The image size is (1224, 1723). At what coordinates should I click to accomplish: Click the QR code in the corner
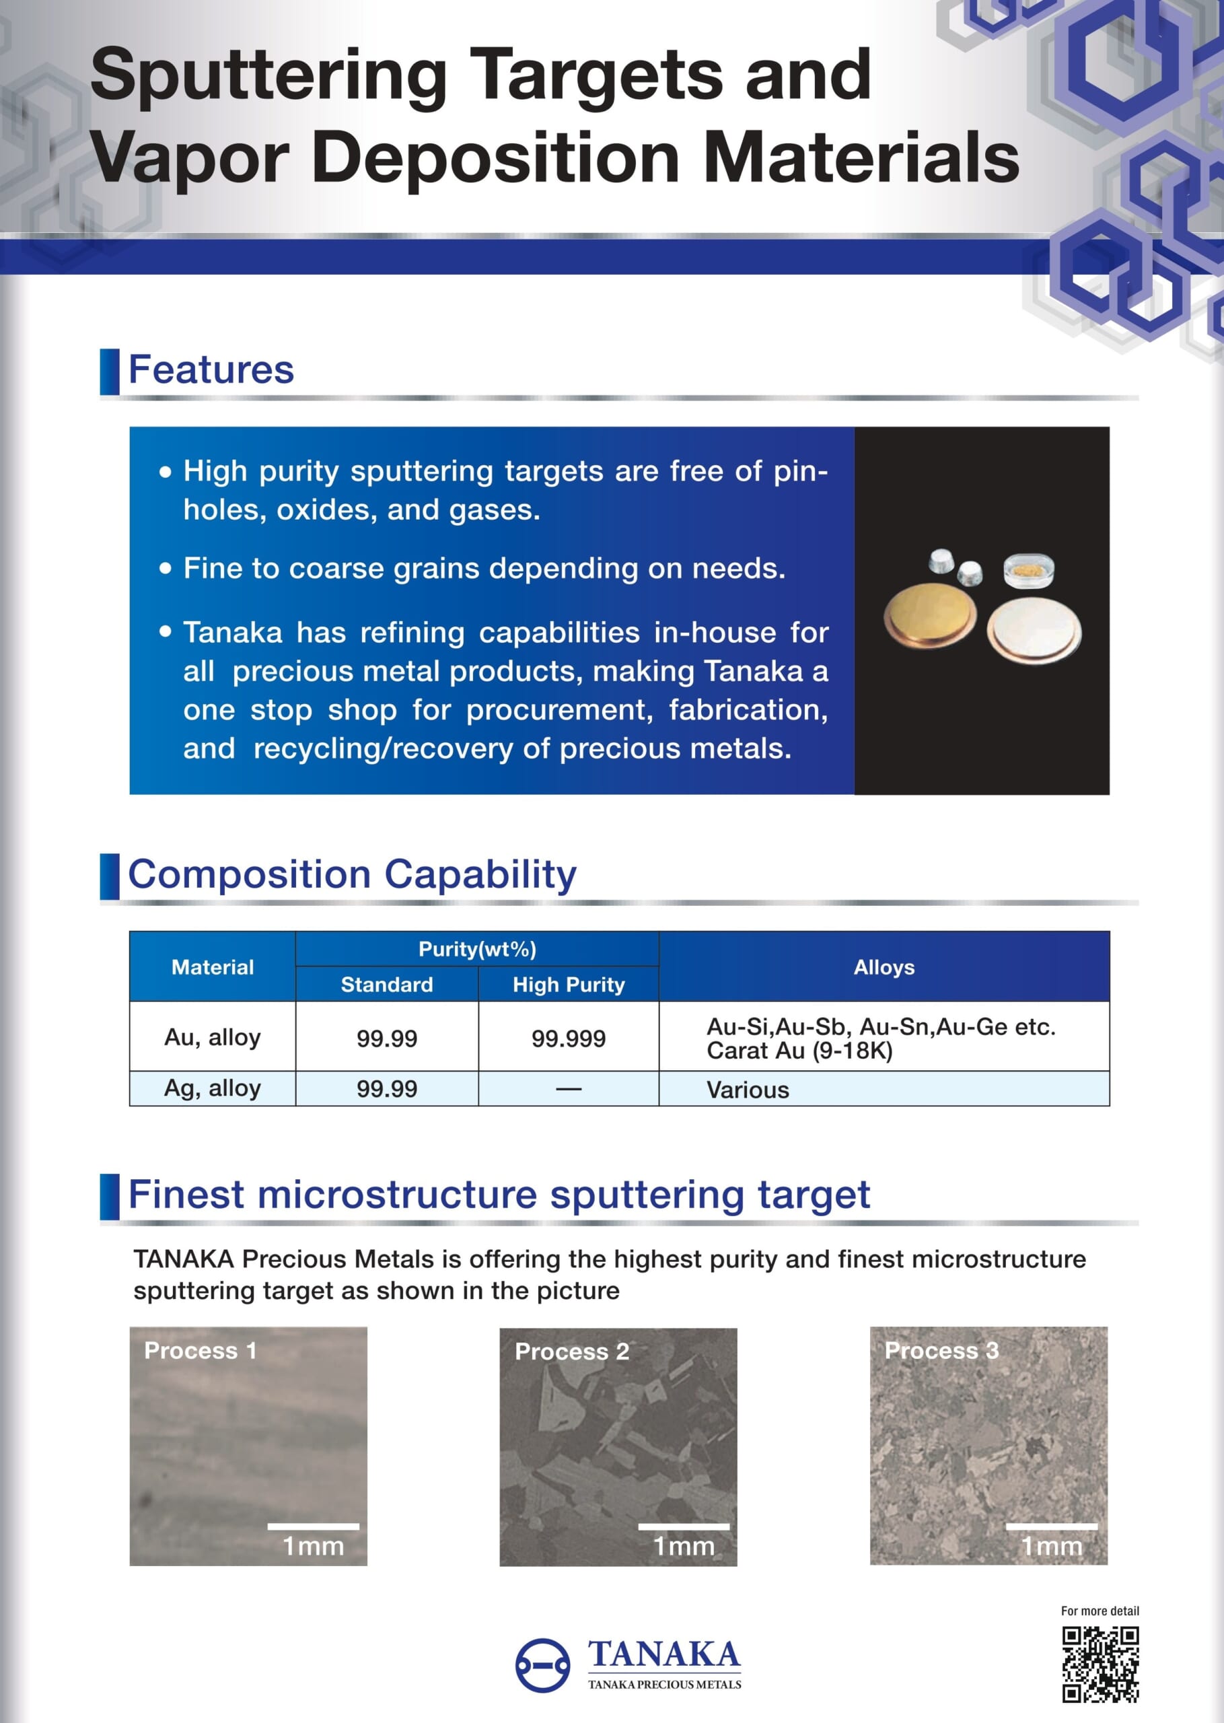(1100, 1664)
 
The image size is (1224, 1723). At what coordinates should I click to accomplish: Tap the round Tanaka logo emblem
(542, 1665)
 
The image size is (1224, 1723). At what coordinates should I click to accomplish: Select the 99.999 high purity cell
(569, 1038)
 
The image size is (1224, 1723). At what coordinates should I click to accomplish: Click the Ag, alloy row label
(213, 1088)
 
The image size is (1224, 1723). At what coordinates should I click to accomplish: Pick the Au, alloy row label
(213, 1037)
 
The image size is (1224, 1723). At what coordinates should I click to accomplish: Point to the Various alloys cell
(748, 1089)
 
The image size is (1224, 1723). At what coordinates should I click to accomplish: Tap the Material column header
(213, 967)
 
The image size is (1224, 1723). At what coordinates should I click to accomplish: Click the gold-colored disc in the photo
(929, 617)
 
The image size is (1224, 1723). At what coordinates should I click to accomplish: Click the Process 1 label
(201, 1350)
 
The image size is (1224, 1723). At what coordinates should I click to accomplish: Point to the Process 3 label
(941, 1350)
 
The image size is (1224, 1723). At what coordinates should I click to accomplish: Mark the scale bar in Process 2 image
(684, 1526)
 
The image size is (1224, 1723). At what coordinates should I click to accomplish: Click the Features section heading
(211, 370)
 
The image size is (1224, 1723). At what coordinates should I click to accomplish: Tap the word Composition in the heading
(250, 874)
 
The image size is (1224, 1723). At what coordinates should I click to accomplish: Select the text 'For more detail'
(1100, 1611)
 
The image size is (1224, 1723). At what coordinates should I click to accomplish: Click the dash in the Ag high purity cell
(569, 1088)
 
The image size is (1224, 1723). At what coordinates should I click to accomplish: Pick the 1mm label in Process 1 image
(313, 1547)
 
